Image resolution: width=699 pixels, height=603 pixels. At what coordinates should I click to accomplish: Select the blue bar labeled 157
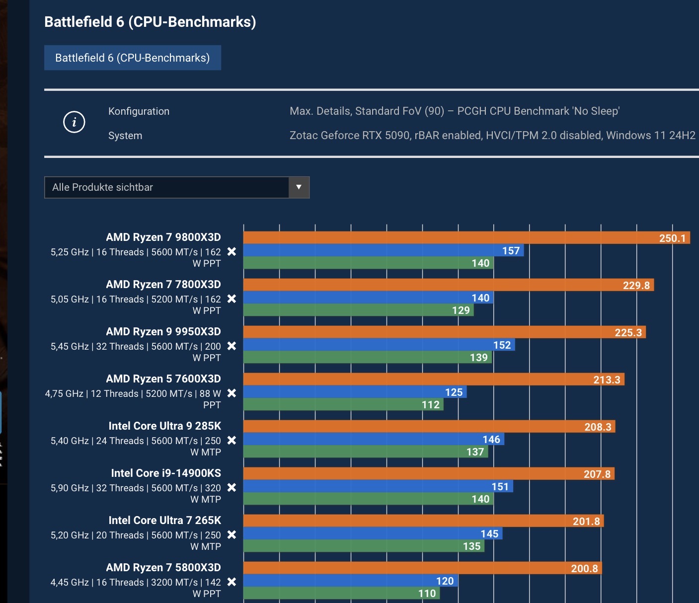pyautogui.click(x=383, y=250)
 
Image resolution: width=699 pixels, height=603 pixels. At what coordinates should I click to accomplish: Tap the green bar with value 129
pyautogui.click(x=358, y=310)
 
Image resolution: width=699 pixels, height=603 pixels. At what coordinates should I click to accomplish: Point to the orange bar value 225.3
pyautogui.click(x=444, y=332)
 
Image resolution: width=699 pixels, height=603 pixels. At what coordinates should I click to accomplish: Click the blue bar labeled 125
pyautogui.click(x=355, y=392)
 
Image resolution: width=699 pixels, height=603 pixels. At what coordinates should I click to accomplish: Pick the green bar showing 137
pyautogui.click(x=366, y=452)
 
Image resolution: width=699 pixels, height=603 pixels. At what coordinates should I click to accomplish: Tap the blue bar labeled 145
pyautogui.click(x=373, y=533)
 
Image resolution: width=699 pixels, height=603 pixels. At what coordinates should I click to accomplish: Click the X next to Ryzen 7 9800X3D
pyautogui.click(x=232, y=252)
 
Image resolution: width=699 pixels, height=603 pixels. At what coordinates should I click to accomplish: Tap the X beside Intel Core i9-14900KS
pyautogui.click(x=232, y=488)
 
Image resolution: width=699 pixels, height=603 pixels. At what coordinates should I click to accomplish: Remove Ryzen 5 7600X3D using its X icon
pyautogui.click(x=232, y=393)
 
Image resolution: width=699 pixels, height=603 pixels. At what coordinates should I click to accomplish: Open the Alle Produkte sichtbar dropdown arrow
pyautogui.click(x=299, y=187)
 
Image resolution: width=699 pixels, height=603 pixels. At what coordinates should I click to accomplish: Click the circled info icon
pyautogui.click(x=75, y=122)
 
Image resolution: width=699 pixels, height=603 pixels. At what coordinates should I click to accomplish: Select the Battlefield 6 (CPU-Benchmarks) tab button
pyautogui.click(x=132, y=58)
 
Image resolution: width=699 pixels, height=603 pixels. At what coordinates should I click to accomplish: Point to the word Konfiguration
pyautogui.click(x=139, y=111)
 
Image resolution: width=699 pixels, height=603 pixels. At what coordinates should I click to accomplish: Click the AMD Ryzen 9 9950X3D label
pyautogui.click(x=163, y=331)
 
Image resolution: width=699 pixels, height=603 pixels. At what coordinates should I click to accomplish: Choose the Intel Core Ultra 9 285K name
pyautogui.click(x=164, y=426)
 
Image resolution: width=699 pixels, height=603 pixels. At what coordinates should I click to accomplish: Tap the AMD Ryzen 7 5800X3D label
pyautogui.click(x=163, y=567)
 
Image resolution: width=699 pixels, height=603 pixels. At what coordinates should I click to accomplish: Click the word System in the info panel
pyautogui.click(x=125, y=136)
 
